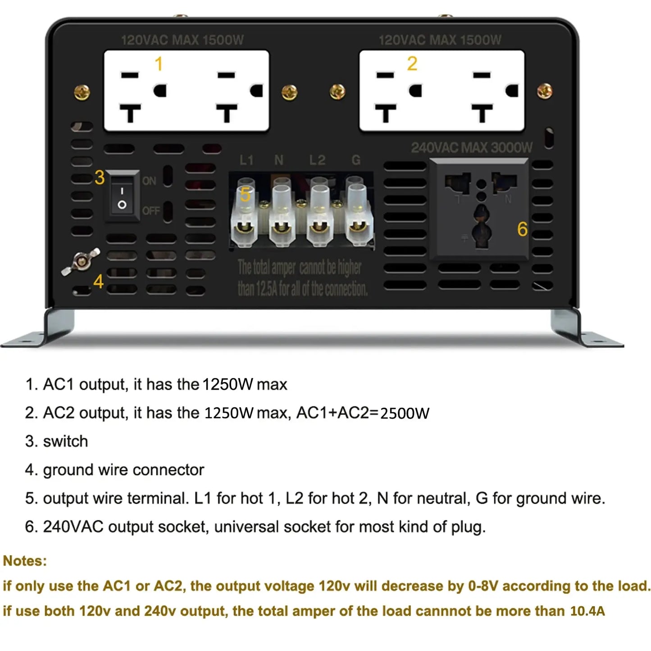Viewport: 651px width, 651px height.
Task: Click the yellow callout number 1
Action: [x=159, y=64]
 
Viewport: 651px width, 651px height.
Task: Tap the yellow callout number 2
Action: [x=412, y=64]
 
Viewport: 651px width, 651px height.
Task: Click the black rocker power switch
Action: [x=122, y=196]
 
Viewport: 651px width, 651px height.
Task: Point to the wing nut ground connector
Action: [x=81, y=262]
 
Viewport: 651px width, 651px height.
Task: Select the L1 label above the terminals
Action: [x=246, y=160]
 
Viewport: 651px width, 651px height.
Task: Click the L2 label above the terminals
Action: [x=317, y=160]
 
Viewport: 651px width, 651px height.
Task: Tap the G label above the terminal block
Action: [x=356, y=160]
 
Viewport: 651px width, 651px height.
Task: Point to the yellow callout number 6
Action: [x=522, y=229]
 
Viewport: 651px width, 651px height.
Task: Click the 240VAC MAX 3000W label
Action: [x=472, y=147]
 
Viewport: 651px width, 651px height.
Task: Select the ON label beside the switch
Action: [x=149, y=181]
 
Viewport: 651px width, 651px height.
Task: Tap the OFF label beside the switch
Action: [x=151, y=211]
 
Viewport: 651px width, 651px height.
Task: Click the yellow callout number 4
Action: [x=99, y=282]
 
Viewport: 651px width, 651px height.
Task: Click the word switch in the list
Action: [x=65, y=441]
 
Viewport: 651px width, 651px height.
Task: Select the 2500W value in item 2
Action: [x=405, y=413]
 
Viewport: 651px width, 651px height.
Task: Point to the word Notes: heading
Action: [x=25, y=560]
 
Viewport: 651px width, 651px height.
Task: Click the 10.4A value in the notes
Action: [x=587, y=611]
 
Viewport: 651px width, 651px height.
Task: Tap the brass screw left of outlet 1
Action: [x=82, y=92]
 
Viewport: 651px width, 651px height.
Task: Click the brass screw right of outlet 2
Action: [x=545, y=91]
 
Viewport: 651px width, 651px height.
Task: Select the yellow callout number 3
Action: [x=100, y=178]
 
